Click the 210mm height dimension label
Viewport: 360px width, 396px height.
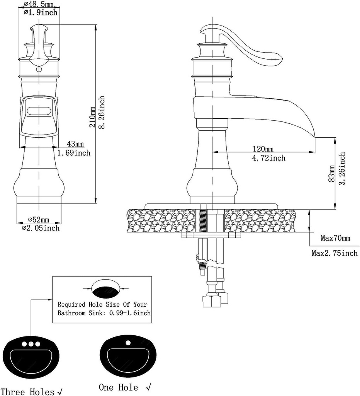92,117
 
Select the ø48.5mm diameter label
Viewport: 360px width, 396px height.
39,5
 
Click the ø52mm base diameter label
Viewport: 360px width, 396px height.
38,220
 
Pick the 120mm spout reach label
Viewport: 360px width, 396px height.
263,149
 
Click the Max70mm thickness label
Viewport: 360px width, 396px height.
335,238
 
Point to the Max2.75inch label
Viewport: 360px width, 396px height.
335,253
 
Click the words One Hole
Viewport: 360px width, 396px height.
118,387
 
